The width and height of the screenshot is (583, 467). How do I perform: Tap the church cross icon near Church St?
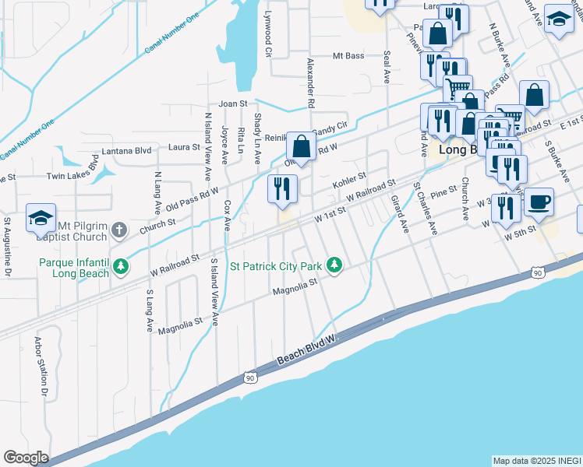pos(118,230)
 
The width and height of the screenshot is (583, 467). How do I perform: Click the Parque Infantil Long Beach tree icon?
pos(120,267)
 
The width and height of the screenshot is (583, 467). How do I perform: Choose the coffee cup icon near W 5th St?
pos(539,203)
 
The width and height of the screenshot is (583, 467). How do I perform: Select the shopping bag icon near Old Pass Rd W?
pos(302,146)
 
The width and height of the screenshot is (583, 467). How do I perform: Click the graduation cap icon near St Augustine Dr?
pos(41,219)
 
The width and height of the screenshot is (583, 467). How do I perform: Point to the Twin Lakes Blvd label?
pos(72,171)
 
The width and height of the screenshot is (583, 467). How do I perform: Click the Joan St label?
pos(232,104)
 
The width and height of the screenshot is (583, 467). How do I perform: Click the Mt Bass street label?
pos(348,56)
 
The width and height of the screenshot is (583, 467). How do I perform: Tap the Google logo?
pos(26,458)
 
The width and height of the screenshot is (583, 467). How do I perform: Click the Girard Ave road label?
pos(399,213)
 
